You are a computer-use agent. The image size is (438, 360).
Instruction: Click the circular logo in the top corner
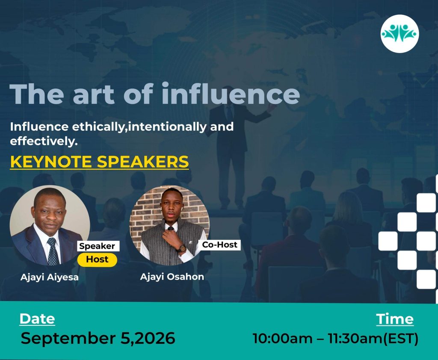point(400,34)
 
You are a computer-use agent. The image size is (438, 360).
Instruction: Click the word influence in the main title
point(231,93)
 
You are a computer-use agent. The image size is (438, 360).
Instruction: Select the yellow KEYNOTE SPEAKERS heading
point(99,162)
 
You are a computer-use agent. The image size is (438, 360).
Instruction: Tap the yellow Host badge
point(97,260)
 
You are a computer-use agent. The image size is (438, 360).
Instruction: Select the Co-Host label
point(219,245)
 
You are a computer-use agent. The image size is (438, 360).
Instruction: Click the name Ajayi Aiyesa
point(50,277)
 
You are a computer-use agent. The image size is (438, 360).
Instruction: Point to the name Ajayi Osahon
point(172,277)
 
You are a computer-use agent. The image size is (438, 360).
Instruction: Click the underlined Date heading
point(37,319)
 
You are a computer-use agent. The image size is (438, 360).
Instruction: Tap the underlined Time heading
point(395,319)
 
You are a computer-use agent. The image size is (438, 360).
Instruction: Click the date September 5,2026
point(98,338)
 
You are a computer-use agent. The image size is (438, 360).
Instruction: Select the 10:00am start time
point(283,339)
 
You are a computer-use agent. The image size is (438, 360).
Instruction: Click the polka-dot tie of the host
point(53,252)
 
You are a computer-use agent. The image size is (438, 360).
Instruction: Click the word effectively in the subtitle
point(44,141)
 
